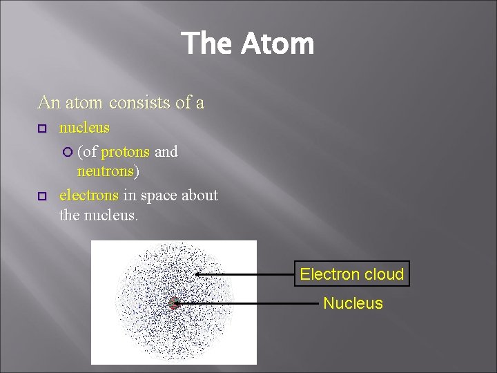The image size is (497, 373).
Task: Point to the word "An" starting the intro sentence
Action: click(x=49, y=103)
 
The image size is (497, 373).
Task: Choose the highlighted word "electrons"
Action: click(x=89, y=195)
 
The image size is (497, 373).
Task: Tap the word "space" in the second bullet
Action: click(x=158, y=195)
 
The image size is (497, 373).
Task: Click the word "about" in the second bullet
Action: click(x=199, y=195)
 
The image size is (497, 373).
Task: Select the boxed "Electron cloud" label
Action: click(x=351, y=274)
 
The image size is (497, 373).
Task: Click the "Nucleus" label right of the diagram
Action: click(x=353, y=303)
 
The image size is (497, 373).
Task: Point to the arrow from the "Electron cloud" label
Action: click(x=245, y=274)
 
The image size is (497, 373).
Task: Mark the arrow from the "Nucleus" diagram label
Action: click(x=245, y=303)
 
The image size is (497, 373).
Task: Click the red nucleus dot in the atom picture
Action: click(x=174, y=303)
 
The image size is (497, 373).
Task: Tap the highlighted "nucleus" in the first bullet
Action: click(x=84, y=128)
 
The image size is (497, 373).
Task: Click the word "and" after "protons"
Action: click(x=166, y=152)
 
